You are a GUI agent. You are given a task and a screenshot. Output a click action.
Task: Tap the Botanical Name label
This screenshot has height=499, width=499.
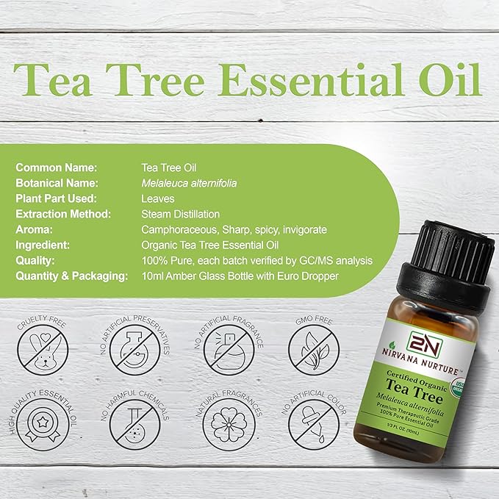[x=57, y=183]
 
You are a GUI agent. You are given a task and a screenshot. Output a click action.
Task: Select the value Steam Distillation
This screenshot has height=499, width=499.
[x=180, y=214]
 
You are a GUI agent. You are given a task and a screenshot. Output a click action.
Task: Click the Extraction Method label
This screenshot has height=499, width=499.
[x=63, y=214]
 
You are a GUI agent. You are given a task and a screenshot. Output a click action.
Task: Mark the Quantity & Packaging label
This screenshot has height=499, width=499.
[x=72, y=276]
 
